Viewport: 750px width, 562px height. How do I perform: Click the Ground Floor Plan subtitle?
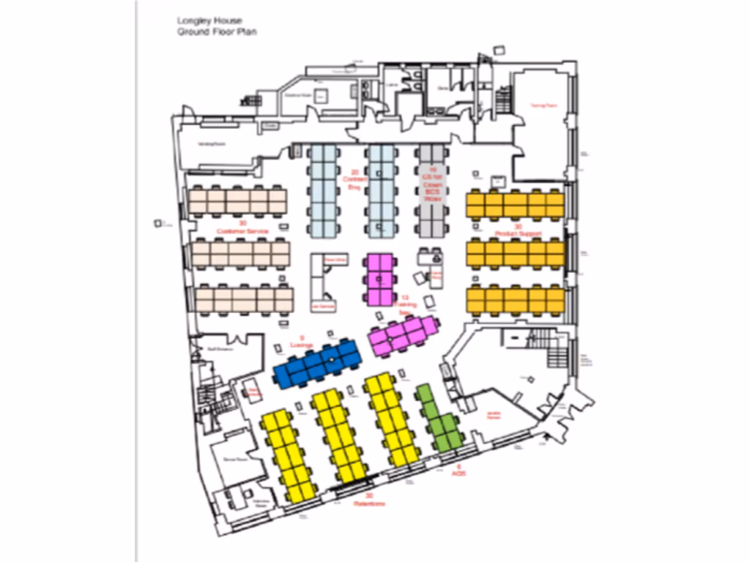click(x=217, y=32)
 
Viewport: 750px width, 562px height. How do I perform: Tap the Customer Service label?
click(x=242, y=231)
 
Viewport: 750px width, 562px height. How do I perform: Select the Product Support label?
click(x=517, y=233)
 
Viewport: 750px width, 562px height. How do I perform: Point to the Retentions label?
click(x=370, y=503)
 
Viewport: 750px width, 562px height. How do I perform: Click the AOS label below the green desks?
click(x=460, y=473)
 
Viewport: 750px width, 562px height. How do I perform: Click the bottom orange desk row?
click(x=516, y=300)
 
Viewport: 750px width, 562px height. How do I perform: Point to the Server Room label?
click(x=231, y=459)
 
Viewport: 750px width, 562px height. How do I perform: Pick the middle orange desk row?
click(x=516, y=253)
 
